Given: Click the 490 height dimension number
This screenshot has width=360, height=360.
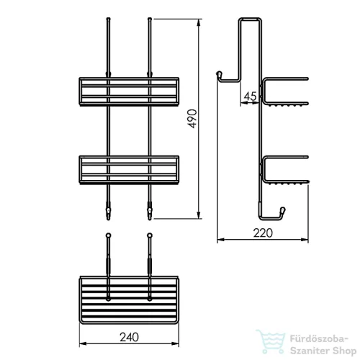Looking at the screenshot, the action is (x=192, y=119).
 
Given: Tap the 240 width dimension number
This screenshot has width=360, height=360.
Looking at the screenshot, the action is (x=129, y=337).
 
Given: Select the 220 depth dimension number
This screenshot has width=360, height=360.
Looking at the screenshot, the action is (x=263, y=233).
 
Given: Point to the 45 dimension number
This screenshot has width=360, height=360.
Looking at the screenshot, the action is (x=250, y=96).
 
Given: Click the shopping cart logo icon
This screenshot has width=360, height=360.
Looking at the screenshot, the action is (x=271, y=341).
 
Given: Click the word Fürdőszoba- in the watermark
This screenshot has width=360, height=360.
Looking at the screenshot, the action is (x=319, y=339).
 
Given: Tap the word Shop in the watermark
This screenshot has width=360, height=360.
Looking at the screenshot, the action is (x=344, y=351).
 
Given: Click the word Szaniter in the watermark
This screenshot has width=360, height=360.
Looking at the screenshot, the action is (x=310, y=351).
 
